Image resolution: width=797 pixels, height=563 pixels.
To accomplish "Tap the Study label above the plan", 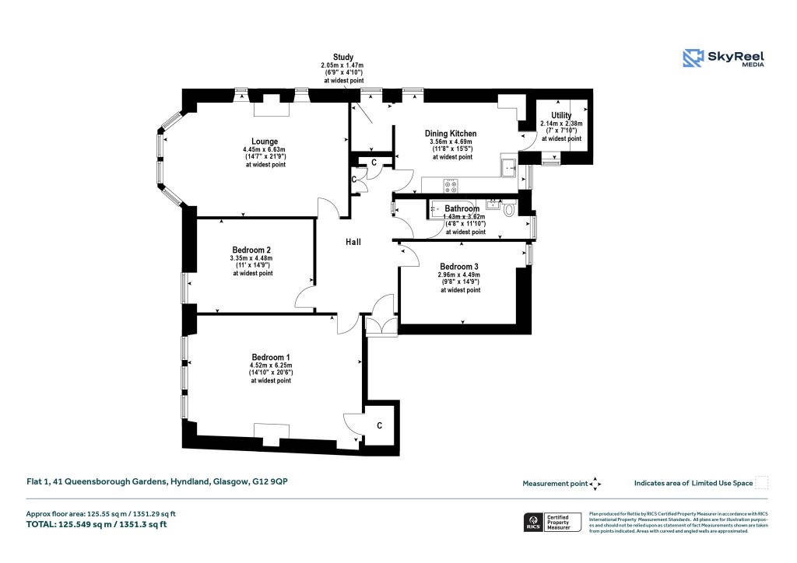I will point(343,57).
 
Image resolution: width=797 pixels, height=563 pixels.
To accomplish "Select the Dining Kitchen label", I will point(451,133).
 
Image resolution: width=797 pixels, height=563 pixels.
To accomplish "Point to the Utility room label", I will point(560,115).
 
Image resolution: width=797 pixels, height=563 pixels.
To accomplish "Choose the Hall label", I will point(353,243).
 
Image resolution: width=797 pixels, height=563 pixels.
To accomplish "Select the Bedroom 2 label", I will point(251,249).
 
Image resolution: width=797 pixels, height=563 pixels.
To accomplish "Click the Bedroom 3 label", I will point(459,266).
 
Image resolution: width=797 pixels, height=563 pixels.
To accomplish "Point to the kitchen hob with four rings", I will point(450,186).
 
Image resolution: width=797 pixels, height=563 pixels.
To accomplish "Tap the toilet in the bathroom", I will point(509,209).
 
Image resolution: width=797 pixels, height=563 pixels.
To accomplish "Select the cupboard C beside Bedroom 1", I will point(380,425).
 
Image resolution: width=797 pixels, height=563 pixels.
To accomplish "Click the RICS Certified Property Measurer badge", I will point(552,522).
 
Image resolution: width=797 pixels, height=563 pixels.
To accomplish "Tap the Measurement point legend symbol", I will point(595,483).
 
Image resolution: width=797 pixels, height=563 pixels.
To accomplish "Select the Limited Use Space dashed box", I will point(762,483).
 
